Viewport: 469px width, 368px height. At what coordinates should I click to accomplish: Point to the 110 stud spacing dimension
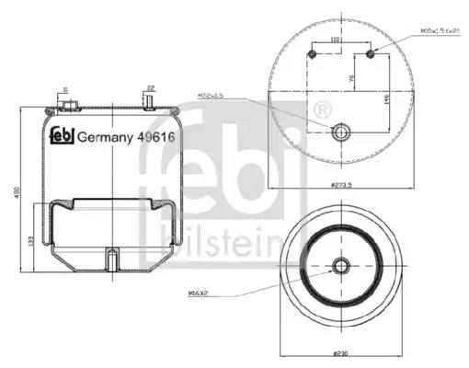tap(336, 40)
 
